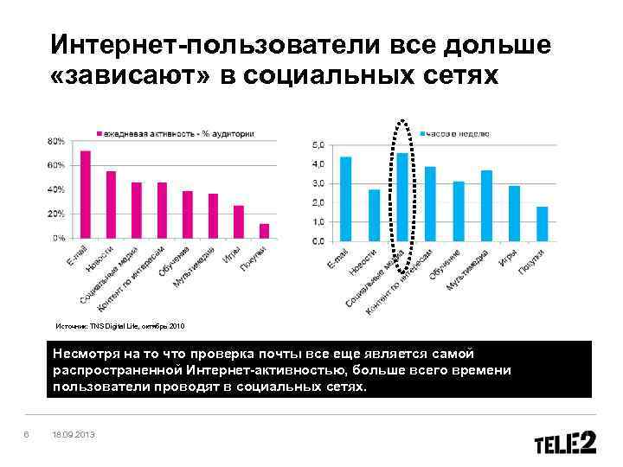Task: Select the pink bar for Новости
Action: click(x=111, y=205)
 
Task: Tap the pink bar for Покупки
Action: click(x=264, y=230)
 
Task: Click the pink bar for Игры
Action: click(x=239, y=221)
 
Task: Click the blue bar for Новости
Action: click(x=374, y=214)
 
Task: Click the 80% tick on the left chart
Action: click(x=56, y=140)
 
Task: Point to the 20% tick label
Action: click(x=56, y=213)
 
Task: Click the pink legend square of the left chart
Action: click(x=99, y=134)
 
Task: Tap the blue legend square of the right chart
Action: click(x=423, y=134)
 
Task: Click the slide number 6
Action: click(x=28, y=435)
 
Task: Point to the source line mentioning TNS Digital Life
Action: click(x=120, y=326)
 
